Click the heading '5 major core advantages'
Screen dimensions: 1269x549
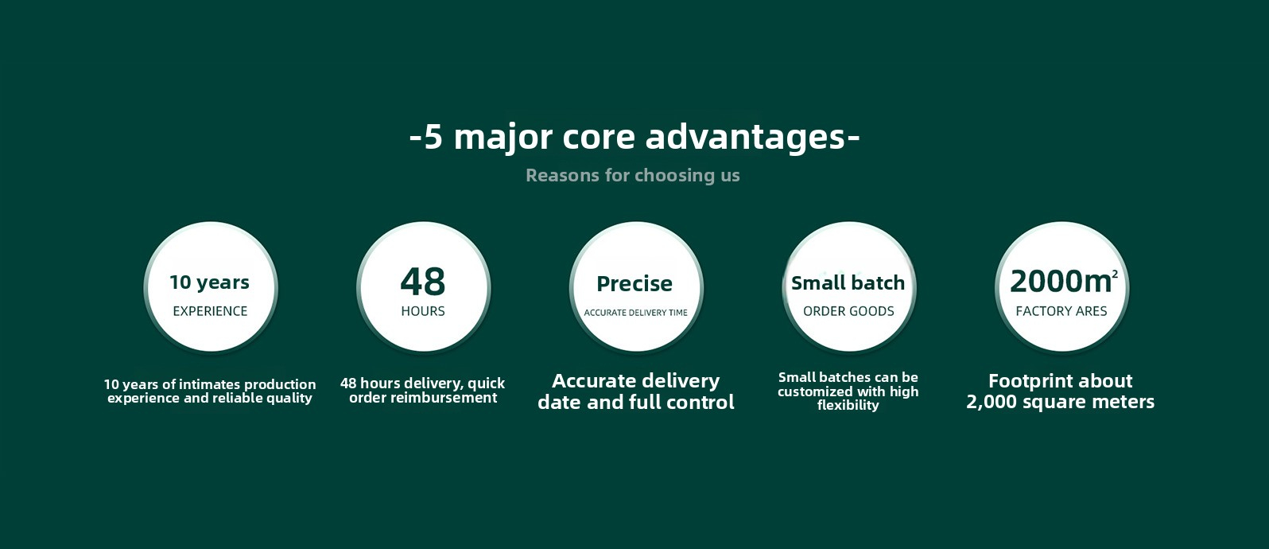pyautogui.click(x=634, y=137)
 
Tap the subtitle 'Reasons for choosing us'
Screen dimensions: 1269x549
pyautogui.click(x=633, y=175)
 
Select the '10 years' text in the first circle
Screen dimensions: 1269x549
pyautogui.click(x=210, y=282)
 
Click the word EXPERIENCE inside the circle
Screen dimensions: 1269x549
pyautogui.click(x=210, y=311)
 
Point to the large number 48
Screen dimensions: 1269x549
pyautogui.click(x=423, y=282)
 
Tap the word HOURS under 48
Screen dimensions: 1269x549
pyautogui.click(x=423, y=311)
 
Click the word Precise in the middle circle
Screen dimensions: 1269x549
pyautogui.click(x=634, y=283)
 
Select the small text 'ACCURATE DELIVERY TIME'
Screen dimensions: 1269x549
pyautogui.click(x=635, y=313)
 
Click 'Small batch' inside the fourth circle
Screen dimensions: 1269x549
pyautogui.click(x=848, y=283)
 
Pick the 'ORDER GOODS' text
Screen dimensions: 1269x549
pyautogui.click(x=848, y=311)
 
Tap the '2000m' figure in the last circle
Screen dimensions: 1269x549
pyautogui.click(x=1061, y=282)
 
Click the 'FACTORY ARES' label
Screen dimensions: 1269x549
pyautogui.click(x=1061, y=311)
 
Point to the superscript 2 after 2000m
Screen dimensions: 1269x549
pyautogui.click(x=1115, y=274)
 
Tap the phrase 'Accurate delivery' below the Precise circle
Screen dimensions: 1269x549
pyautogui.click(x=635, y=380)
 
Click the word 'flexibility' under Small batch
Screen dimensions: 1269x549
pyautogui.click(x=848, y=405)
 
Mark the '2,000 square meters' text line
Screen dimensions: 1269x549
pyautogui.click(x=1060, y=402)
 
